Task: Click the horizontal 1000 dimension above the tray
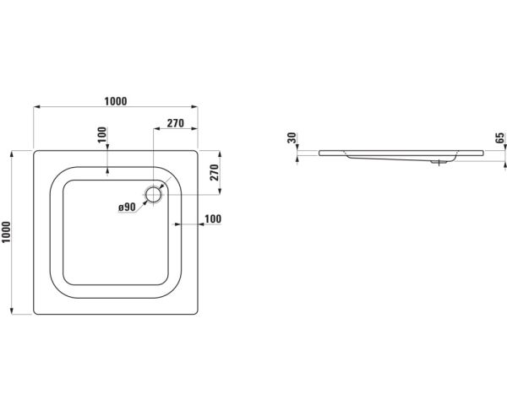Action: (116, 101)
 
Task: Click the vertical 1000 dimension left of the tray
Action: (7, 233)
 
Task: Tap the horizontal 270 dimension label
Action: (175, 123)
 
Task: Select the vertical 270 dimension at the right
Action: (214, 173)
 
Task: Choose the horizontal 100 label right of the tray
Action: (212, 219)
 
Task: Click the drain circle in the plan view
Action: (154, 195)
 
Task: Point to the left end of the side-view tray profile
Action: (320, 154)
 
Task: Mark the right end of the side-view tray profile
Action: (482, 154)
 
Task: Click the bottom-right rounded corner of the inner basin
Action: (173, 288)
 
